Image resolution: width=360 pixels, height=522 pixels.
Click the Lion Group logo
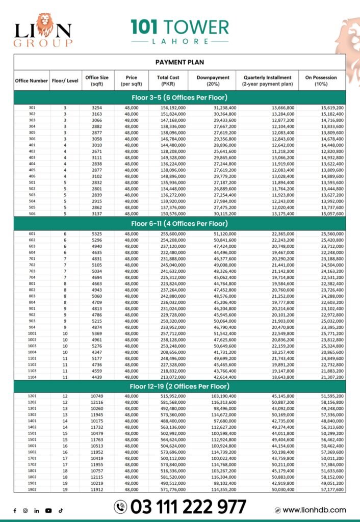pyautogui.click(x=42, y=30)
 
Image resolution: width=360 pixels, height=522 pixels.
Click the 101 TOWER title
pyautogui.click(x=179, y=27)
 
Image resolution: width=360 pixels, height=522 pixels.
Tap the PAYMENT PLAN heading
pyautogui.click(x=179, y=62)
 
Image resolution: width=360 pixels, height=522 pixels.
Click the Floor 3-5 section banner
pyautogui.click(x=179, y=97)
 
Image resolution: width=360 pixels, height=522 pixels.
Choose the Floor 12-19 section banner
pyautogui.click(x=179, y=386)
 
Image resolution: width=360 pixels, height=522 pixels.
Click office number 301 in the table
pyautogui.click(x=32, y=108)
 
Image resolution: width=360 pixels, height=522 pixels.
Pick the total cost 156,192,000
pyautogui.click(x=173, y=108)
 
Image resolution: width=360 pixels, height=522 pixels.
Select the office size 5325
pyautogui.click(x=97, y=233)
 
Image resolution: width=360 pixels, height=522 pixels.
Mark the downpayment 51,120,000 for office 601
pyautogui.click(x=224, y=233)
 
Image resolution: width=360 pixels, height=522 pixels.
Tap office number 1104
pyautogui.click(x=32, y=377)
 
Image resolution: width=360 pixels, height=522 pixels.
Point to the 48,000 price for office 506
pyautogui.click(x=131, y=214)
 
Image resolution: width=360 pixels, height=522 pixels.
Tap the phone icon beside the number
pyautogui.click(x=120, y=507)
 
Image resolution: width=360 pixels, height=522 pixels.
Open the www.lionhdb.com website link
pyautogui.click(x=314, y=510)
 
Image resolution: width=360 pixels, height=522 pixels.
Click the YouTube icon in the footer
pyautogui.click(x=48, y=510)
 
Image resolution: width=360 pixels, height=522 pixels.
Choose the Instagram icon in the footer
pyautogui.click(x=25, y=510)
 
